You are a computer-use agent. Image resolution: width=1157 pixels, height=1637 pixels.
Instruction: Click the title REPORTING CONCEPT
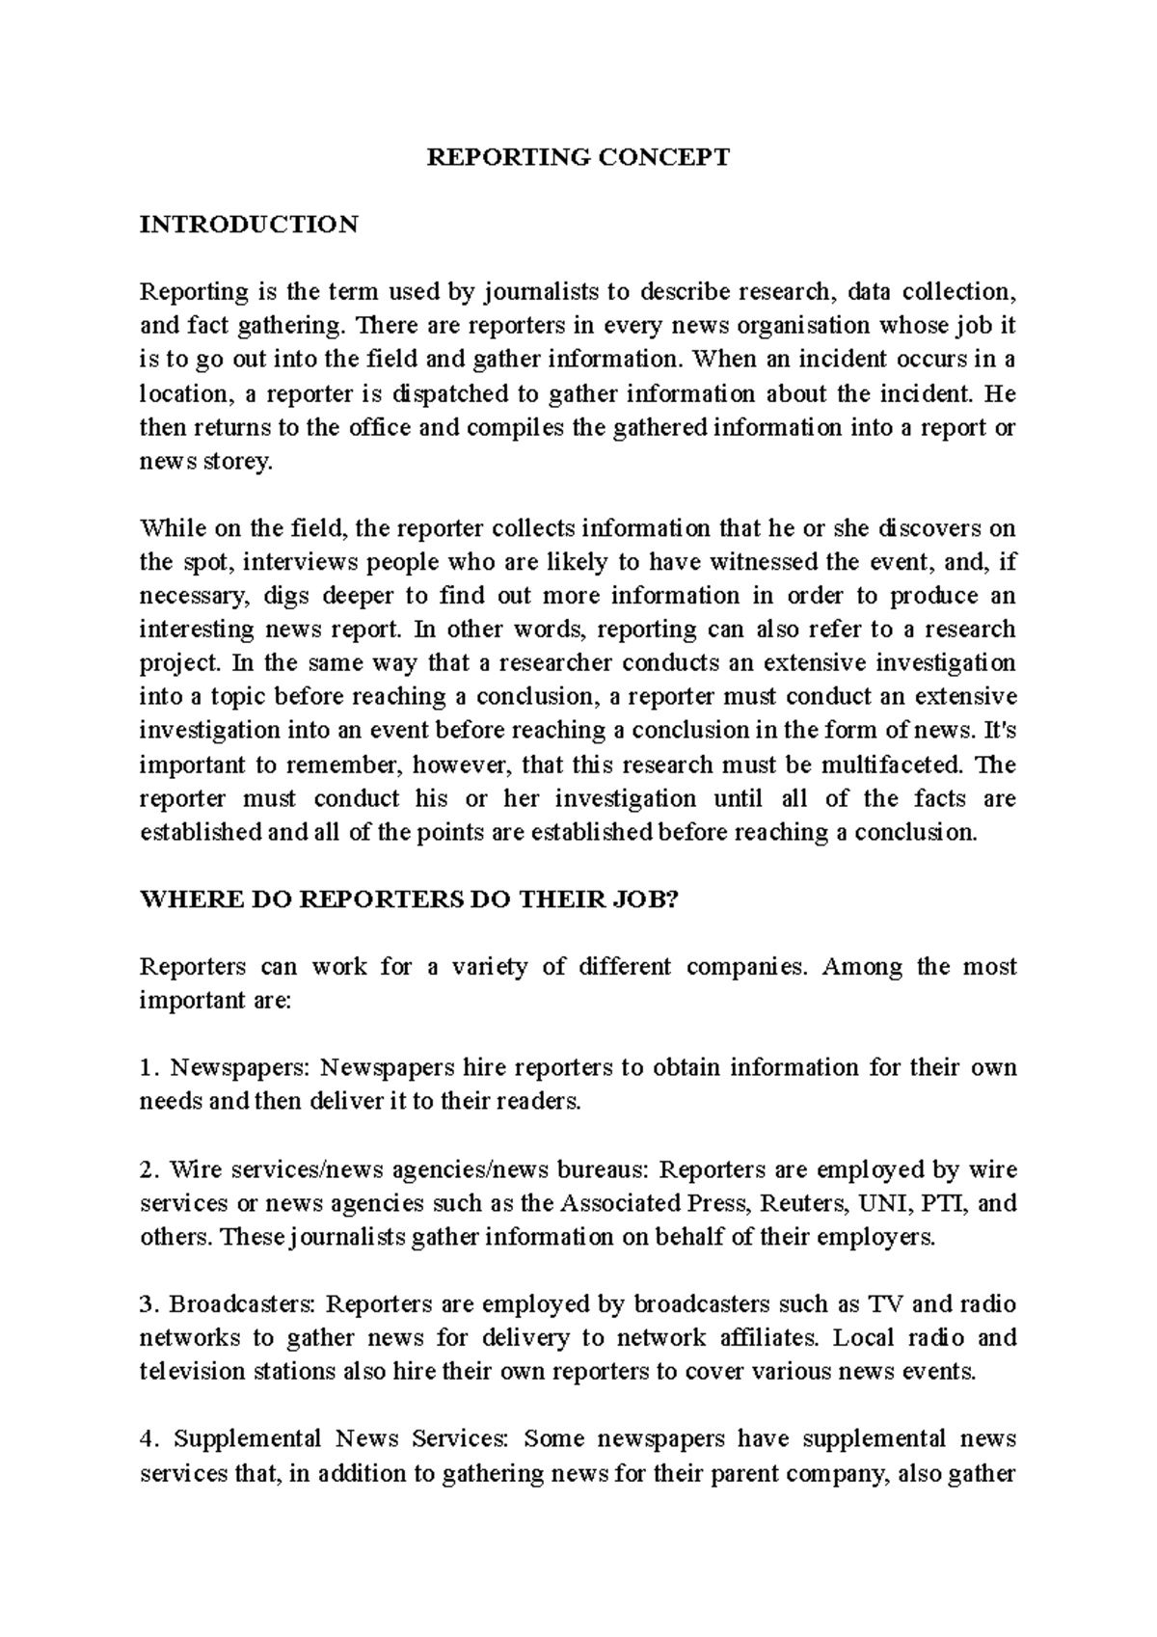[x=578, y=157]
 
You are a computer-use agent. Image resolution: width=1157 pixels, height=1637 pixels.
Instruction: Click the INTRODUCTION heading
[x=249, y=225]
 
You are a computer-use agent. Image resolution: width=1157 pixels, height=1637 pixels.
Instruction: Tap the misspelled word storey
[x=238, y=463]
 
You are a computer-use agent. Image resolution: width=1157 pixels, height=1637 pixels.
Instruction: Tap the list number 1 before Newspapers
[x=147, y=1068]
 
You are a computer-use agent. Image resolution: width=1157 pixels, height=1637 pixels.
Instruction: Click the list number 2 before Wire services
[x=147, y=1170]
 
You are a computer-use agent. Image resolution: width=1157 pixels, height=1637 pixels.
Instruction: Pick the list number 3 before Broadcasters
[x=147, y=1305]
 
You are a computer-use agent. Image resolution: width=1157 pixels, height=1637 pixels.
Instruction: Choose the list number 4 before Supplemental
[x=147, y=1440]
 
